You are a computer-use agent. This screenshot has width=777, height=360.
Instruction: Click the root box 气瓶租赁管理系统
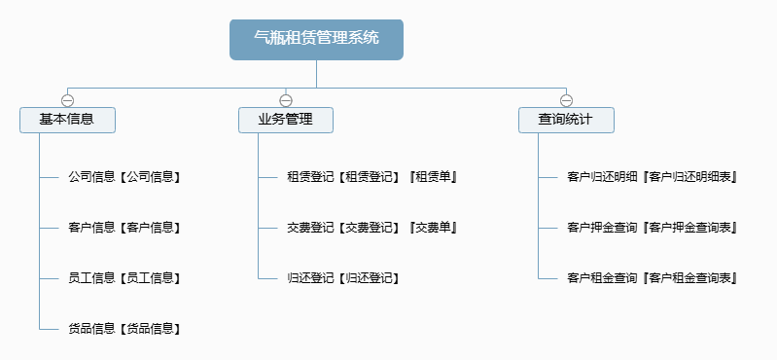click(316, 39)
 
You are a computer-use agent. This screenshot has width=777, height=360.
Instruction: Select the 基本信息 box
click(67, 120)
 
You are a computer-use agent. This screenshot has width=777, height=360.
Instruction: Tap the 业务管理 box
click(285, 120)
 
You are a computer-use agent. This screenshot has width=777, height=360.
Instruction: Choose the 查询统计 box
click(566, 120)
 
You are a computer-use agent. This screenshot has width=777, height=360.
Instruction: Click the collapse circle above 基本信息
click(67, 100)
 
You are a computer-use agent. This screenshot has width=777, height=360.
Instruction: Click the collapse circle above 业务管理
click(285, 100)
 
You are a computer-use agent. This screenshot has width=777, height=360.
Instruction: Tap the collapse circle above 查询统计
click(566, 100)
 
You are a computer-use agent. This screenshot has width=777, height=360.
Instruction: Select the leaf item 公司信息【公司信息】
click(124, 177)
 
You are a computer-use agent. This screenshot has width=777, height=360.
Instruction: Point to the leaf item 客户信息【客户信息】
click(124, 228)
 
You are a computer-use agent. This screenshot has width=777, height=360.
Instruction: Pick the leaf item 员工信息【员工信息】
click(124, 278)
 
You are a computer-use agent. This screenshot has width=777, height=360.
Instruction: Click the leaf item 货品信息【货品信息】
click(124, 329)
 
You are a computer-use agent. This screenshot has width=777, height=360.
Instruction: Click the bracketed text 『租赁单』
click(433, 177)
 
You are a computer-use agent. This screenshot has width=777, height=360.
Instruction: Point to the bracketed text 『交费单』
click(433, 228)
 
